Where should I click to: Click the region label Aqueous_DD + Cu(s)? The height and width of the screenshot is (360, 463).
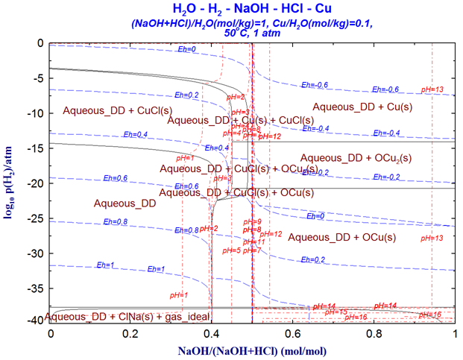(362, 107)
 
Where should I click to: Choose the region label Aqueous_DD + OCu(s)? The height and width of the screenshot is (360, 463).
(341, 237)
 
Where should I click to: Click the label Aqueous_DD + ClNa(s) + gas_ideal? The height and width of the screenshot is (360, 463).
(127, 316)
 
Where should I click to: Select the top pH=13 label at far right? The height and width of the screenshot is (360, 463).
(432, 89)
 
